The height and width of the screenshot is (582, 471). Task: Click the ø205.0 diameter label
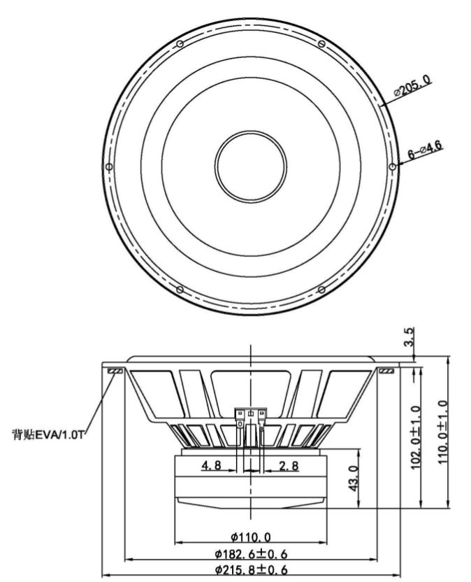click(412, 85)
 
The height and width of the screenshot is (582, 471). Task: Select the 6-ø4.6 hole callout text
click(425, 150)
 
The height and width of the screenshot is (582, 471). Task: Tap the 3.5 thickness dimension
click(409, 336)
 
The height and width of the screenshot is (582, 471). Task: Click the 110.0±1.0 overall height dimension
click(443, 432)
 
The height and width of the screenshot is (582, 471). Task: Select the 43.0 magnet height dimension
click(354, 478)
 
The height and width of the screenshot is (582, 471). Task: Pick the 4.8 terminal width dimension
click(212, 465)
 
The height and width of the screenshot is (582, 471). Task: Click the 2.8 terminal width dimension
click(289, 465)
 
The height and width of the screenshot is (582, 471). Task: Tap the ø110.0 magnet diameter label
click(251, 537)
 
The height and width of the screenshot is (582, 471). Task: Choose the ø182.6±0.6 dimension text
click(251, 554)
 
